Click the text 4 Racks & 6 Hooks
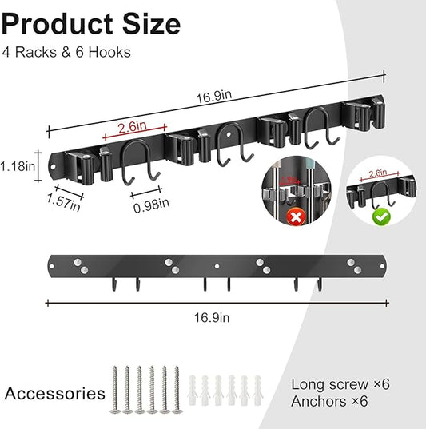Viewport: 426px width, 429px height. point(66,53)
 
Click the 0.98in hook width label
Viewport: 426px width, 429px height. point(151,204)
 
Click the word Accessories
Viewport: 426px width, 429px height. point(54,393)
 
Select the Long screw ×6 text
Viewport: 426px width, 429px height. point(340,384)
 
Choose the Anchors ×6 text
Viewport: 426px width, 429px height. point(329,401)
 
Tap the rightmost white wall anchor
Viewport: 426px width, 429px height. point(255,390)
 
